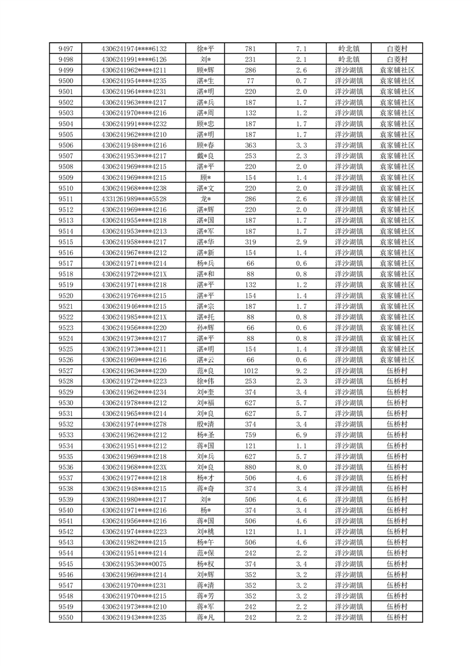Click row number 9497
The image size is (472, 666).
[66, 49]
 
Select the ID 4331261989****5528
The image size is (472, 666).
[134, 199]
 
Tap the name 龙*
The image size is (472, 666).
[206, 199]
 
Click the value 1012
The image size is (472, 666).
[250, 370]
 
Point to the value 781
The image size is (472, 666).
[250, 49]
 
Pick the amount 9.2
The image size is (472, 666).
[301, 370]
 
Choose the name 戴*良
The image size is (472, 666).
[206, 156]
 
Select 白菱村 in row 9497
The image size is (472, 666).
[397, 49]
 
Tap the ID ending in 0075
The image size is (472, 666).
[134, 564]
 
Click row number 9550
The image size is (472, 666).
[66, 617]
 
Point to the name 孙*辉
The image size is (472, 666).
[206, 328]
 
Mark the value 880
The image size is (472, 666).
[250, 467]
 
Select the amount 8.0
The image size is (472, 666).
[301, 467]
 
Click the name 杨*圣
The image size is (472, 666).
[206, 435]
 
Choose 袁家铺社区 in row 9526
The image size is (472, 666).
[397, 360]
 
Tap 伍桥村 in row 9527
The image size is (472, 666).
[397, 370]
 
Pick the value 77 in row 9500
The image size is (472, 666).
[250, 81]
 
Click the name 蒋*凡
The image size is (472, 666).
[206, 617]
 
